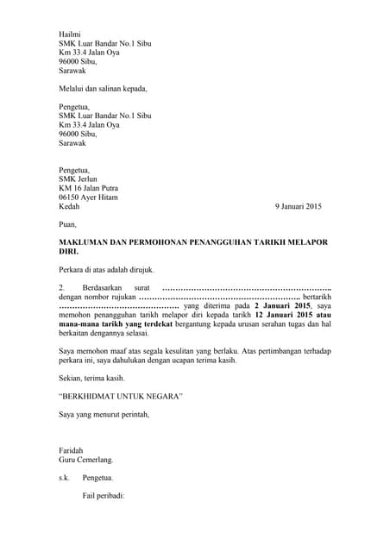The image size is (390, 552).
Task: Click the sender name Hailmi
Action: coord(68,32)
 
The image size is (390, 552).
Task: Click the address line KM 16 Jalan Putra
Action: coord(88,188)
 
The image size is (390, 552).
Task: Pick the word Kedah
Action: coord(68,207)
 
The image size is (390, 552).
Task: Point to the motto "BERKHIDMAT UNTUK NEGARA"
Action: coord(120,396)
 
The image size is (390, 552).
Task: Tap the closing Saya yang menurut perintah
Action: coord(104,414)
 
